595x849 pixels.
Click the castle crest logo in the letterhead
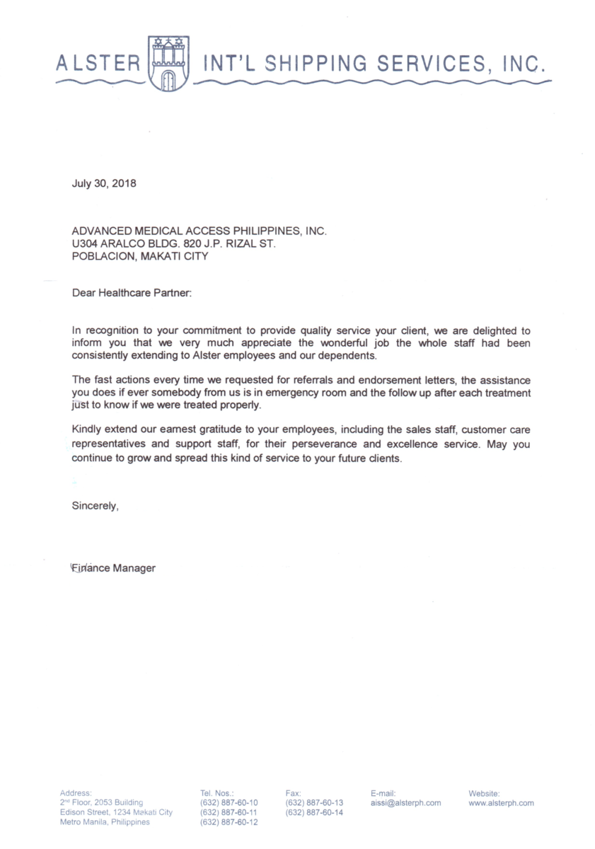[x=168, y=63]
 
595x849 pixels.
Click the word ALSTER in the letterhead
[x=98, y=64]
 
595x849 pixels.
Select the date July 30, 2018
[x=104, y=184]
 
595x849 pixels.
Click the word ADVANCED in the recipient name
[x=102, y=231]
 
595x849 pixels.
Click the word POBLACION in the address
[x=103, y=257]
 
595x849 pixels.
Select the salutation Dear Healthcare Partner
[x=132, y=291]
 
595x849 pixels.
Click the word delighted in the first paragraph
[x=489, y=330]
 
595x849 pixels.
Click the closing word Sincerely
[x=95, y=506]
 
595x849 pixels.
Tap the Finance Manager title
[x=113, y=568]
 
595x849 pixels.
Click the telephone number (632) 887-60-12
[x=229, y=823]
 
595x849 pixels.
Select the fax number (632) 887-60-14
[x=315, y=813]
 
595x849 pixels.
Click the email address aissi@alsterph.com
[x=405, y=803]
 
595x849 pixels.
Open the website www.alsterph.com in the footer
[x=501, y=803]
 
